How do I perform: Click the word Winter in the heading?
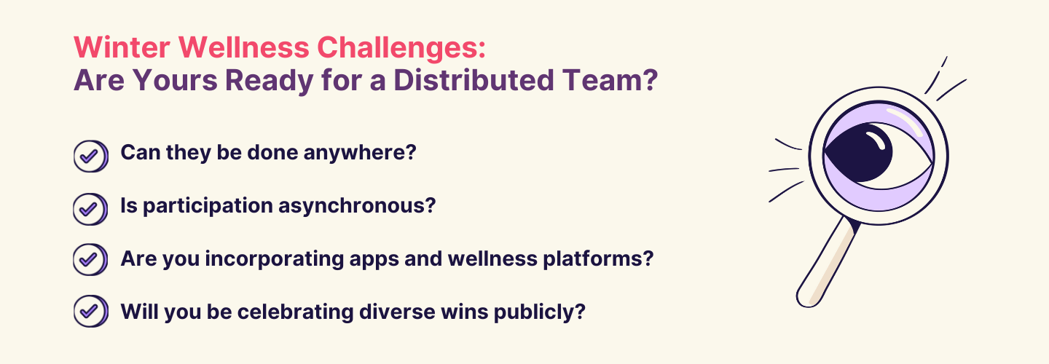[x=122, y=47]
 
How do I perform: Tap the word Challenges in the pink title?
[x=401, y=47]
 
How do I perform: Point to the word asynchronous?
[x=357, y=206]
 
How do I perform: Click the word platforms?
[x=598, y=259]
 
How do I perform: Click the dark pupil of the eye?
[x=861, y=152]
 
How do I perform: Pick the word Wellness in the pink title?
[x=243, y=47]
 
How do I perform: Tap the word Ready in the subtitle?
[x=270, y=82]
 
